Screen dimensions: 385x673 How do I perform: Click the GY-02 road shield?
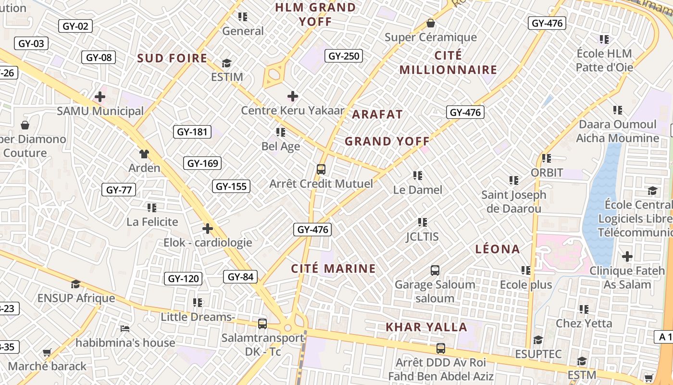[x=75, y=26]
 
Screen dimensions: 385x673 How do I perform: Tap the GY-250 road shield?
[x=344, y=56]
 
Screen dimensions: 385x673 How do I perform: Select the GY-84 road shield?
[x=240, y=277]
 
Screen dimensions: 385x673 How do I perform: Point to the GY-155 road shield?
[x=231, y=186]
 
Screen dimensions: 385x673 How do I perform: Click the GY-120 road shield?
[x=183, y=279]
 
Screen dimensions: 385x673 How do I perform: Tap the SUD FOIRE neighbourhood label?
[x=172, y=58]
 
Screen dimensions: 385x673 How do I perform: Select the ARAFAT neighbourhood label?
[x=377, y=115]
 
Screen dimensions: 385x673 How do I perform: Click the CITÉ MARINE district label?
[x=334, y=269]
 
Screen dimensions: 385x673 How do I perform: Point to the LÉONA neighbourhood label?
[x=498, y=249]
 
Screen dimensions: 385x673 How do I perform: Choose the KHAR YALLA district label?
[x=426, y=327]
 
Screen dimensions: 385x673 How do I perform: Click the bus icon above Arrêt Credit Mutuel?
[x=321, y=169]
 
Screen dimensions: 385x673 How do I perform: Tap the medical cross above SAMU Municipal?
[x=100, y=97]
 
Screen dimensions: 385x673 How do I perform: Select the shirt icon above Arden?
[x=144, y=154]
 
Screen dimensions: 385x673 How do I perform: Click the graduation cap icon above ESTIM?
[x=227, y=63]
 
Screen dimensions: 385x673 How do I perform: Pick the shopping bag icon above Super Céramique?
[x=431, y=23]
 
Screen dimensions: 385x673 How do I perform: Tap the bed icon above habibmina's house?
[x=125, y=329]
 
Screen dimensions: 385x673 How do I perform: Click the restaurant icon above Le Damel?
[x=417, y=176]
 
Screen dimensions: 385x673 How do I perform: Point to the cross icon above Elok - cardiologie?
[x=208, y=228]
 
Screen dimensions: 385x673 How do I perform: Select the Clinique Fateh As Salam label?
[x=627, y=278]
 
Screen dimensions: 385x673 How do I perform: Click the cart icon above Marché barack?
[x=47, y=353]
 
